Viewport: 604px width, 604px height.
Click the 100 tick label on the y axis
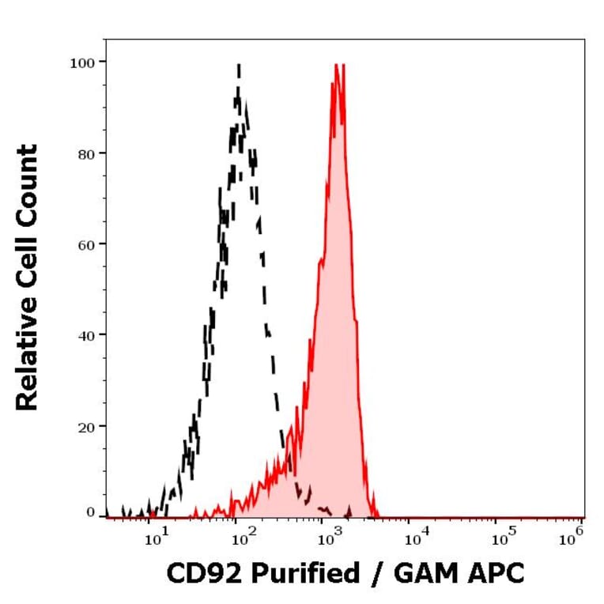pos(82,62)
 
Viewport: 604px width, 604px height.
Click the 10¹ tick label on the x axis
pos(155,539)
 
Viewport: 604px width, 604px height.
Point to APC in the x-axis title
pos(496,574)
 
